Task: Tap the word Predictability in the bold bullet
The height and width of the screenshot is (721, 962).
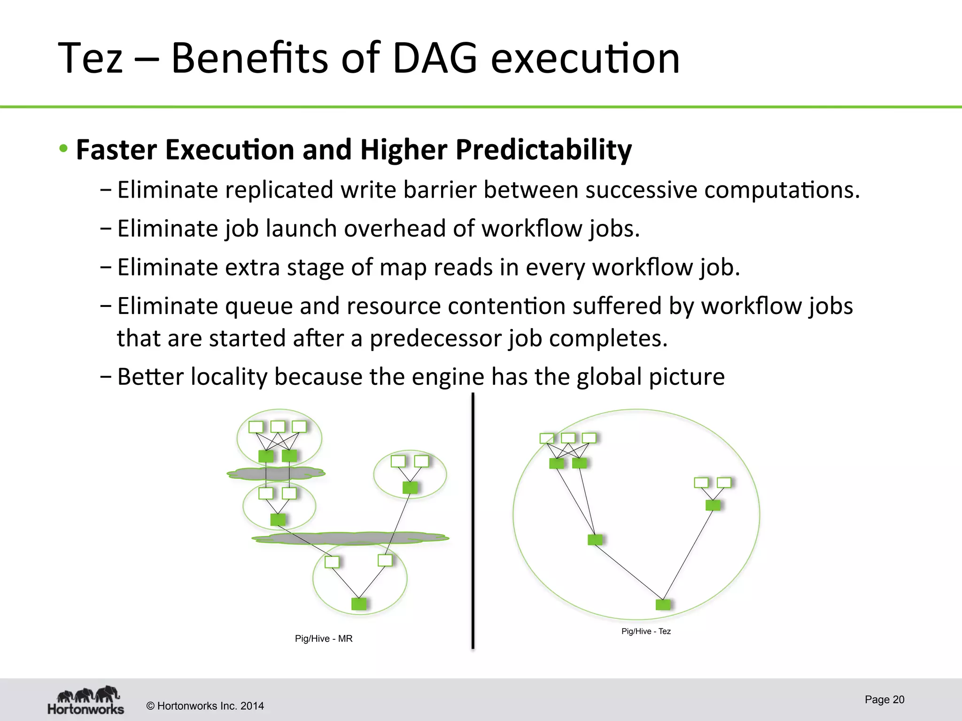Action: pyautogui.click(x=543, y=150)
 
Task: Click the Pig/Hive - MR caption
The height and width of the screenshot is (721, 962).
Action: pyautogui.click(x=324, y=638)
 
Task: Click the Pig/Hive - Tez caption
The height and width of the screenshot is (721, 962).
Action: pyautogui.click(x=646, y=631)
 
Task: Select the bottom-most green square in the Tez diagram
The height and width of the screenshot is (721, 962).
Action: pyautogui.click(x=663, y=605)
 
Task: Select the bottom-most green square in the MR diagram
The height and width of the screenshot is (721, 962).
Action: pyautogui.click(x=359, y=604)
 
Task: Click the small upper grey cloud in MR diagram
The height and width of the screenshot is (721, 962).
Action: pyautogui.click(x=276, y=474)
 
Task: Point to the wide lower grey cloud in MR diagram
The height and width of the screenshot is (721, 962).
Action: pyautogui.click(x=350, y=538)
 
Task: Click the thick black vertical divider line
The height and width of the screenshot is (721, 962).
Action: pyautogui.click(x=473, y=521)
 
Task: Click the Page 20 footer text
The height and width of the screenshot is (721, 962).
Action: pyautogui.click(x=884, y=699)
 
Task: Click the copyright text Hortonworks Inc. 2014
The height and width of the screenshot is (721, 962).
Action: pyautogui.click(x=205, y=706)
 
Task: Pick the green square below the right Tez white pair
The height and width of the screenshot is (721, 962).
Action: pyautogui.click(x=713, y=505)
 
